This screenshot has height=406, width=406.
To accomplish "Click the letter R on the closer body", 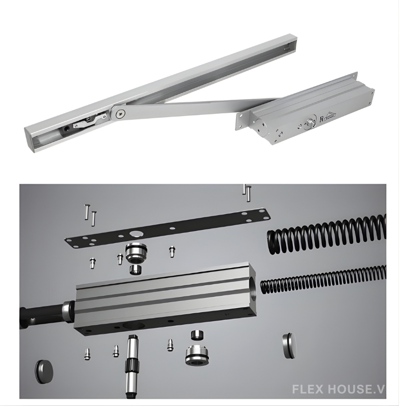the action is (x=322, y=119).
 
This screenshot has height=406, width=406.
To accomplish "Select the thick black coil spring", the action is (x=326, y=234).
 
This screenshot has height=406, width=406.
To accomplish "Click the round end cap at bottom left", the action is (x=44, y=371).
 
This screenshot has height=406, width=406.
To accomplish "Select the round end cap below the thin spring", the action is (x=289, y=346).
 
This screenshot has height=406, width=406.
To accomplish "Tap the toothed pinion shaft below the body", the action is (x=132, y=365).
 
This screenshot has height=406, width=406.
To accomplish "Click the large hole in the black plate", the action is (x=136, y=234).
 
